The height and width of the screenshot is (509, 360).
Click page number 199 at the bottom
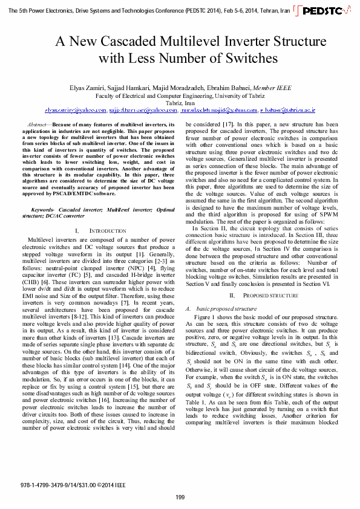[x=180, y=497]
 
